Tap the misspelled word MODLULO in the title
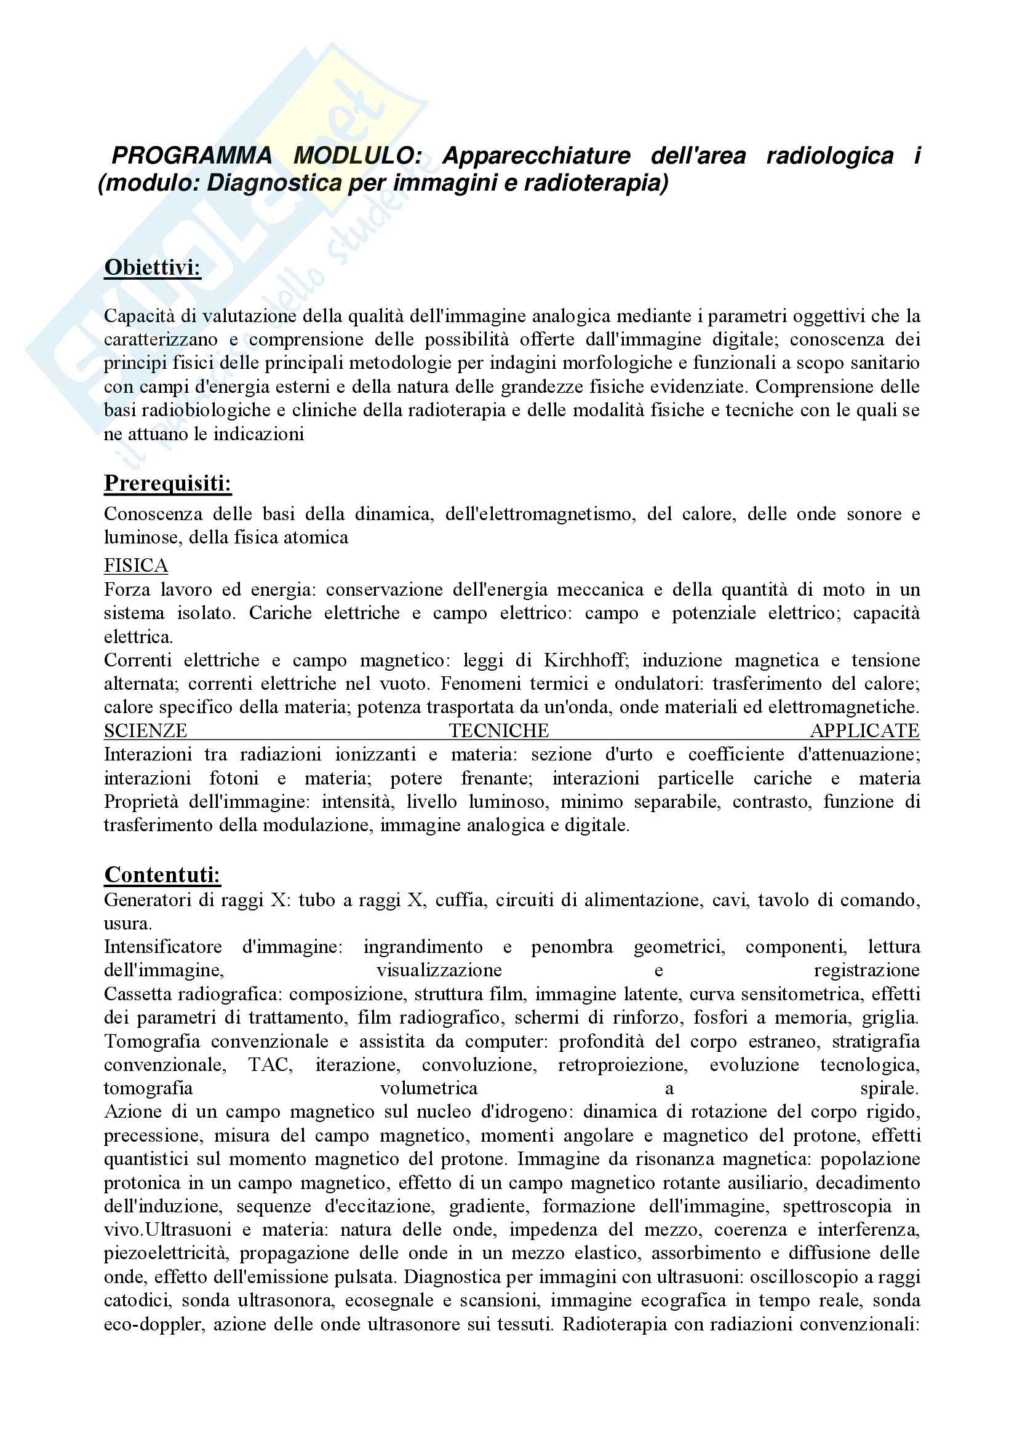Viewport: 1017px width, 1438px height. point(357,156)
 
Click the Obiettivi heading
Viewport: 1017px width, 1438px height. point(152,267)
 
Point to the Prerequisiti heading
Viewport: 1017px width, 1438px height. point(168,483)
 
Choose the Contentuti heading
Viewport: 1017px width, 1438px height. point(162,874)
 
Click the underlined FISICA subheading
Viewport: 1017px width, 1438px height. point(136,566)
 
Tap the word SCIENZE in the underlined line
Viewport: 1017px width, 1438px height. point(145,731)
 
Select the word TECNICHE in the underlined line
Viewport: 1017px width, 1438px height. point(499,731)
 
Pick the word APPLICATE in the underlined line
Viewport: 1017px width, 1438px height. point(865,731)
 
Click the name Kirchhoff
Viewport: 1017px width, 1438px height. point(583,660)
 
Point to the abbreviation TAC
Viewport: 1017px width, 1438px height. point(271,1065)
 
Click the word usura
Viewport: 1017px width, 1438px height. point(128,924)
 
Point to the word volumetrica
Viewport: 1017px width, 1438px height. point(429,1089)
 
